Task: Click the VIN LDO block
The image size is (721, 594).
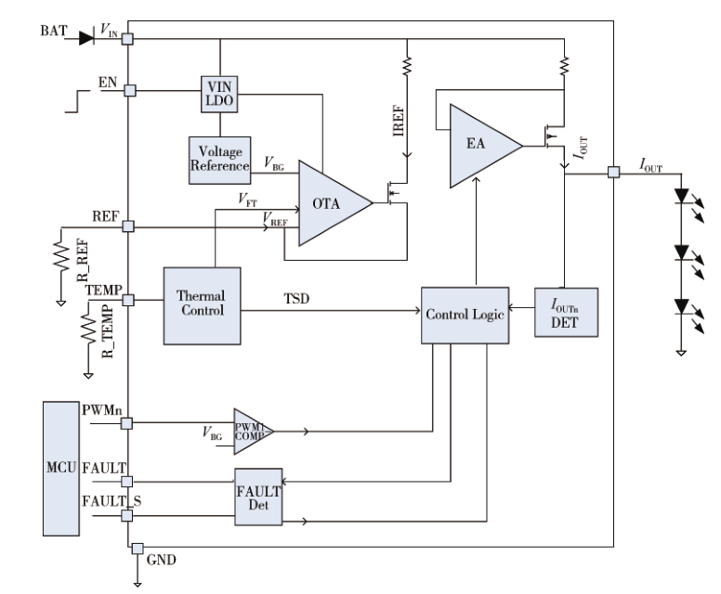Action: coord(219,94)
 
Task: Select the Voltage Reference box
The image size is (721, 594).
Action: coord(220,161)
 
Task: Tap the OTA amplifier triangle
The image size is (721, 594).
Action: coord(335,203)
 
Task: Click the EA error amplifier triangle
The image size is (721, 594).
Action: coord(486,146)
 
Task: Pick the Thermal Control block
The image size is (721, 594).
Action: coord(202,306)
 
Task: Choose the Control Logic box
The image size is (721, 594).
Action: coord(465,316)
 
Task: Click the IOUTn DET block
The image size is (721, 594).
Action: coord(566,313)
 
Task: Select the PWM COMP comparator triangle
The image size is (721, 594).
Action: coord(254,432)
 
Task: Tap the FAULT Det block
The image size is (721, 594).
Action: coord(258,497)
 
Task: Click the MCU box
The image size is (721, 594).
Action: coord(61,469)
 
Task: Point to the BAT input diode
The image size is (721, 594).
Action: coord(86,39)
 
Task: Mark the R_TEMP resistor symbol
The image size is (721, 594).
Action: coord(88,328)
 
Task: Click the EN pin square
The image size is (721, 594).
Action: coord(130,91)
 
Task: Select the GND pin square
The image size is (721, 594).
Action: coord(138,549)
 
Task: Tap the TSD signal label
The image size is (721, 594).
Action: coord(296,299)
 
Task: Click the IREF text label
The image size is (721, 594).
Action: coord(399,122)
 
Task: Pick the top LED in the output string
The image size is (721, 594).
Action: coord(681,196)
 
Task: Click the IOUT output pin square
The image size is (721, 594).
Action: coord(614,173)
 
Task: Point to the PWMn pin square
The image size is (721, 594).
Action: coord(126,423)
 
